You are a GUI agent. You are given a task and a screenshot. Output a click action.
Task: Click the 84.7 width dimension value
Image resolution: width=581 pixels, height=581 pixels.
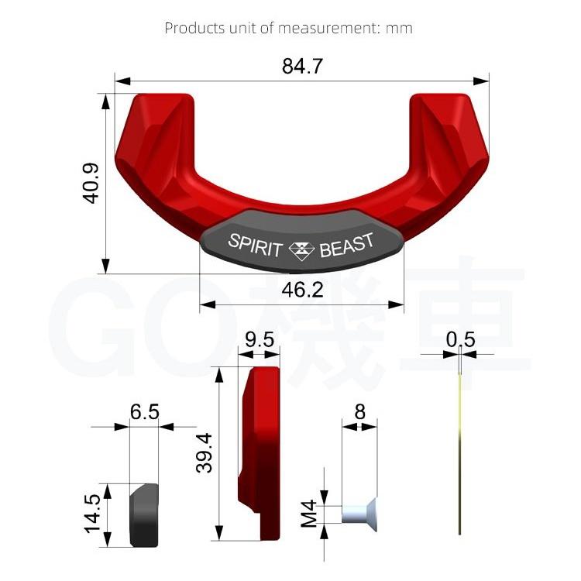pos(302,67)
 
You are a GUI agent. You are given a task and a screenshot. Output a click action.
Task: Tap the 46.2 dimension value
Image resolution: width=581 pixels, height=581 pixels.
pos(302,291)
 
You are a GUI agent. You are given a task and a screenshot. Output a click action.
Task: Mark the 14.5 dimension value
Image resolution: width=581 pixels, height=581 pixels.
pos(93,513)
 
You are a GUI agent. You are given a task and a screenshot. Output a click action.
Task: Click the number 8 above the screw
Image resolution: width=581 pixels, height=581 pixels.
pos(360,411)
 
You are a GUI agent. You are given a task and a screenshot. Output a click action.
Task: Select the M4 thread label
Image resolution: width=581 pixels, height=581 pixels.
pos(311,512)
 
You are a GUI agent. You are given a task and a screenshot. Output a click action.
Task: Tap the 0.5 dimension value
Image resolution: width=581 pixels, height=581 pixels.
pos(460,340)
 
